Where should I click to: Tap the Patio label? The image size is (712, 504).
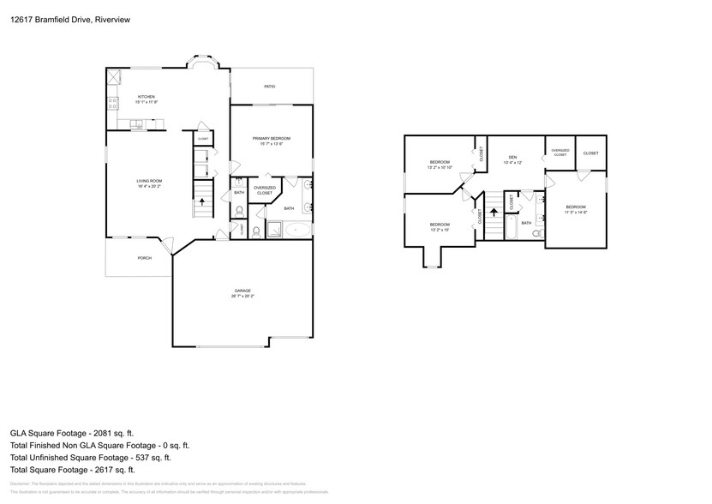[269, 87]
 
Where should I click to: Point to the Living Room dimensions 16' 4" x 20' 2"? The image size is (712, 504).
[149, 185]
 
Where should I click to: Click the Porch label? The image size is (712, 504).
[144, 257]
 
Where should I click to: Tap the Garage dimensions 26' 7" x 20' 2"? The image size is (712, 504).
[243, 296]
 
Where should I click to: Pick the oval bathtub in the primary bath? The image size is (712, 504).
[297, 230]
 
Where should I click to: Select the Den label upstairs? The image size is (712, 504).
[512, 157]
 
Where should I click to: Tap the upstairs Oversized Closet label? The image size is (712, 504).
[559, 153]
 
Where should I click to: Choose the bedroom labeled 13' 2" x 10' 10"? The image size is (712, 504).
[440, 165]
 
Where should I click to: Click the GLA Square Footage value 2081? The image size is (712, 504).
[103, 434]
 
